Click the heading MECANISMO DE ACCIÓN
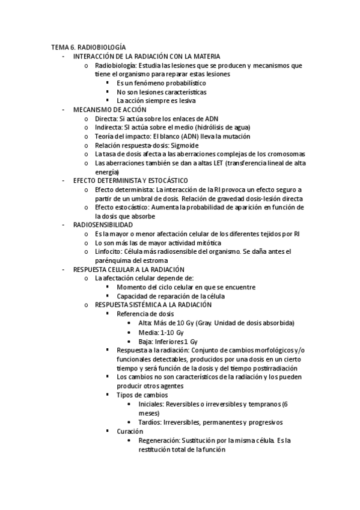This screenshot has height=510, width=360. click(x=109, y=109)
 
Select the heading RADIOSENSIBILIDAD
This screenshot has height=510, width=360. click(x=103, y=224)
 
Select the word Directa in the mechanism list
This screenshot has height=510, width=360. click(x=106, y=118)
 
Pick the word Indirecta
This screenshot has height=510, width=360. click(x=109, y=127)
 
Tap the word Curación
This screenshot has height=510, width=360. click(x=130, y=431)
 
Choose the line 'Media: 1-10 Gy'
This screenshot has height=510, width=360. click(x=160, y=331)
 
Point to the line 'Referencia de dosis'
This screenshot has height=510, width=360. click(x=145, y=313)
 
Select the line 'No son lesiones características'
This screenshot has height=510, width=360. click(x=162, y=92)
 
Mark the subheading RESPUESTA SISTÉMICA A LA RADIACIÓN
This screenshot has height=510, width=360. click(x=158, y=305)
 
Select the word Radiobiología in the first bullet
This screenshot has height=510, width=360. click(x=116, y=66)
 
